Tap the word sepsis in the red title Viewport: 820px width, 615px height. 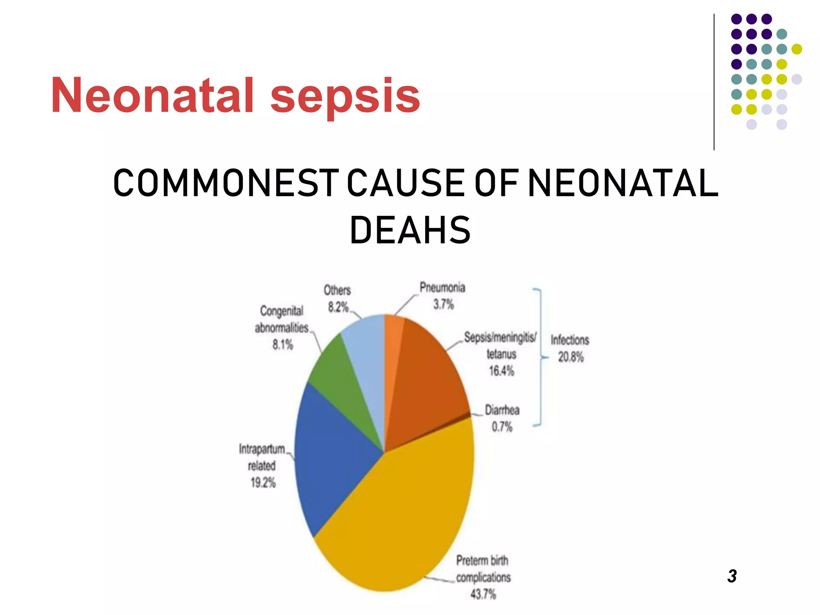point(345,96)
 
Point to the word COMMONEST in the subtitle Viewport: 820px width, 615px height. point(225,183)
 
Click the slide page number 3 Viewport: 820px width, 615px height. point(732,576)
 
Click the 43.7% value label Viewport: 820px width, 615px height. point(483,594)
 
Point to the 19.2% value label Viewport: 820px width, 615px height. point(263,483)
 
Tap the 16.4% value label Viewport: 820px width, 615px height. point(501,371)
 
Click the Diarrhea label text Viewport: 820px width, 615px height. point(502,410)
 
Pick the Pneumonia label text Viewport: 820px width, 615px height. point(442,287)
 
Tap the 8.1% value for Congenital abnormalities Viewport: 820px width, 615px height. point(283,344)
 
